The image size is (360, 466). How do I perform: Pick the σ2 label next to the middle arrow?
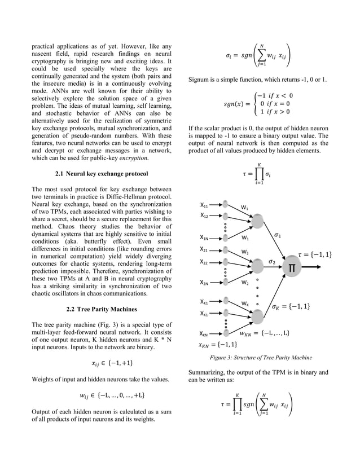(x=272, y=261)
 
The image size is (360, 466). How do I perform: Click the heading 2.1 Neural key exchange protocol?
(x=102, y=174)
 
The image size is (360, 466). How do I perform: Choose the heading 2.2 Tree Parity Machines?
(x=102, y=309)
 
